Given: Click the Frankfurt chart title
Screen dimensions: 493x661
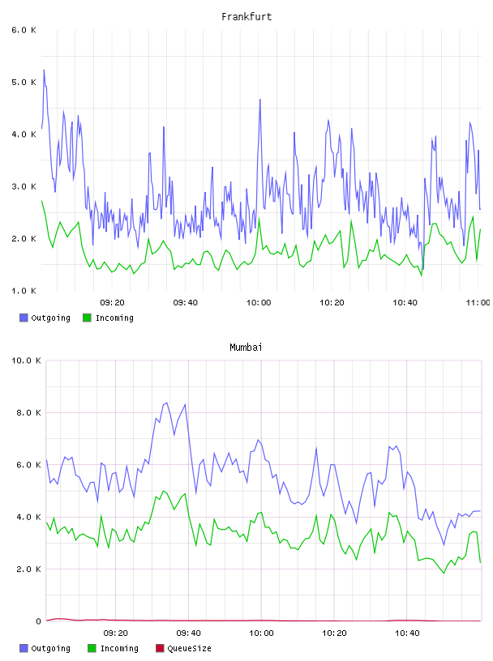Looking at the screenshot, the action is pyautogui.click(x=246, y=17).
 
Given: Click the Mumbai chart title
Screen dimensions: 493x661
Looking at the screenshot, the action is pyautogui.click(x=246, y=348).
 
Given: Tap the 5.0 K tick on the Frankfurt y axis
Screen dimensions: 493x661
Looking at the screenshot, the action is pyautogui.click(x=24, y=82).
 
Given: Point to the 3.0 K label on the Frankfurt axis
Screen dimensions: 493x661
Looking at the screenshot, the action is pyautogui.click(x=24, y=187).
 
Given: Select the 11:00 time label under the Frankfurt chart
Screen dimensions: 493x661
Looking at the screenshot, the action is pyautogui.click(x=478, y=303).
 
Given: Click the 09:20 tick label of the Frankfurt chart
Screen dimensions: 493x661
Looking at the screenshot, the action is pyautogui.click(x=112, y=303).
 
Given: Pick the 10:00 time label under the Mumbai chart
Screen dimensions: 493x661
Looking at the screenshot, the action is pyautogui.click(x=261, y=633).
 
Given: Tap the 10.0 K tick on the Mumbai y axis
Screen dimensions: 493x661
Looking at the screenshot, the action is pyautogui.click(x=26, y=360).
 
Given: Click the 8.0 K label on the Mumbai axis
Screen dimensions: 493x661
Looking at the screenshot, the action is pyautogui.click(x=28, y=412).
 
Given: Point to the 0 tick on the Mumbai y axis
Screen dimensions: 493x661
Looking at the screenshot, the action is pyautogui.click(x=38, y=621).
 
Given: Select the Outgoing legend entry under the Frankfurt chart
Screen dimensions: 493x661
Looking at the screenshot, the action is pyautogui.click(x=45, y=318).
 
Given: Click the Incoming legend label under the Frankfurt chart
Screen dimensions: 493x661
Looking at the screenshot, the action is pyautogui.click(x=114, y=318).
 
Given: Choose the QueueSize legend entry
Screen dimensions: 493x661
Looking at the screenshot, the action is pyautogui.click(x=183, y=648).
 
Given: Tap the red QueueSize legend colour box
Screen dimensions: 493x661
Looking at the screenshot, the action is pyautogui.click(x=160, y=648).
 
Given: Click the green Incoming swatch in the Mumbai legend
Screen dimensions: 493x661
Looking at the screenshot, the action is pyautogui.click(x=92, y=648).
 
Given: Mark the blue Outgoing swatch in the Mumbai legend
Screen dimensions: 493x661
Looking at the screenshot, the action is pyautogui.click(x=24, y=648).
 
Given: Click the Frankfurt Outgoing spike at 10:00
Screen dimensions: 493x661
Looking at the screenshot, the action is pyautogui.click(x=260, y=100).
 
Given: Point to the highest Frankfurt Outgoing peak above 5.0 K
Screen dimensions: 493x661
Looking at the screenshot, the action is pyautogui.click(x=44, y=70).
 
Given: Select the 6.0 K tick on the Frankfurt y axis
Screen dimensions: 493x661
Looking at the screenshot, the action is pyautogui.click(x=24, y=30).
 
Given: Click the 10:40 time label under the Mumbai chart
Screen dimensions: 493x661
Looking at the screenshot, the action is pyautogui.click(x=407, y=633).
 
